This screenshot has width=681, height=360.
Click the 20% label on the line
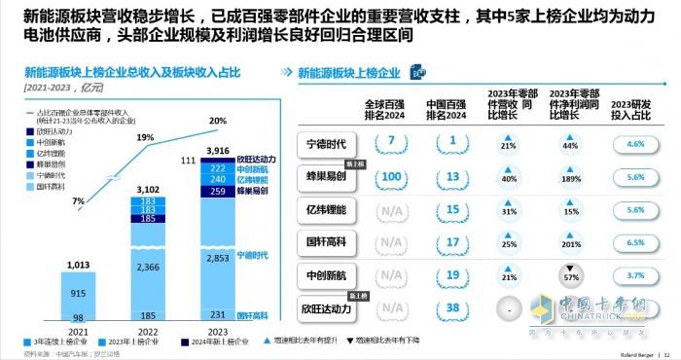[218, 121]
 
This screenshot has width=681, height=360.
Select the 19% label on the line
[144, 138]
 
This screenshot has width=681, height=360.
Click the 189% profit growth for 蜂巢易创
[570, 177]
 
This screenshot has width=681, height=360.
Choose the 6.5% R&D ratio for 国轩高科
[636, 243]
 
